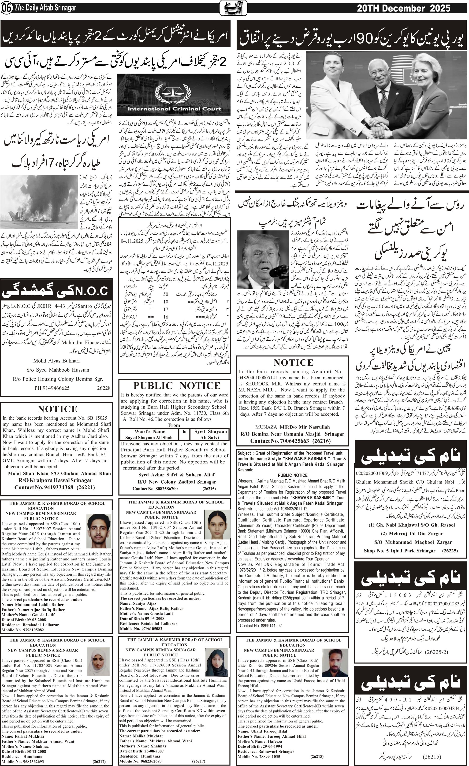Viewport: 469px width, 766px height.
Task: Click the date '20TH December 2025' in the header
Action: pos(404,8)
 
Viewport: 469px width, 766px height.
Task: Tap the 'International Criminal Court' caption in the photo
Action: pos(174,109)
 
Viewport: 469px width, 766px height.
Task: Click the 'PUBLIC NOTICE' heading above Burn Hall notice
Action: pos(177,386)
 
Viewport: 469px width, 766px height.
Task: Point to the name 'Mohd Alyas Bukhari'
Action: pos(56,361)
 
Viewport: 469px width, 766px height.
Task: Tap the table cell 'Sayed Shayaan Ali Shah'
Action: pos(149,437)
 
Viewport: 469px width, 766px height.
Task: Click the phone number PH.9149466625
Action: pos(52,388)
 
